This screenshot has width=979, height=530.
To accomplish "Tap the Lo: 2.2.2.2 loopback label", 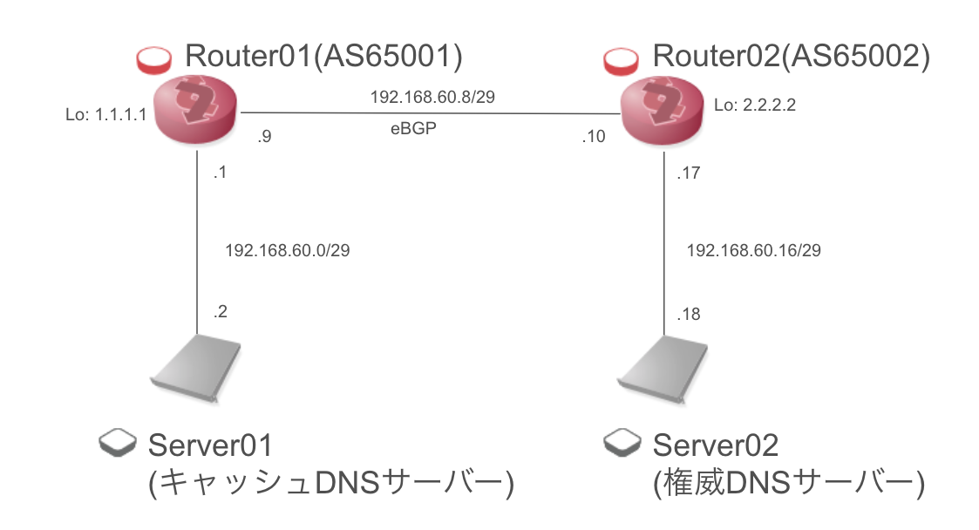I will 755,105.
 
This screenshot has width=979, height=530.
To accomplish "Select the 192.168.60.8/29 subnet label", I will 433,97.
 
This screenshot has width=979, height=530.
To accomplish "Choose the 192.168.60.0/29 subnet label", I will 288,250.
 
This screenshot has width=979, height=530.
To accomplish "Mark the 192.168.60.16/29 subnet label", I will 754,250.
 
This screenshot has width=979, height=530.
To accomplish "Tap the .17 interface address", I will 689,173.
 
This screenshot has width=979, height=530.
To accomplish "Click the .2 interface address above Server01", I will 221,312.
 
